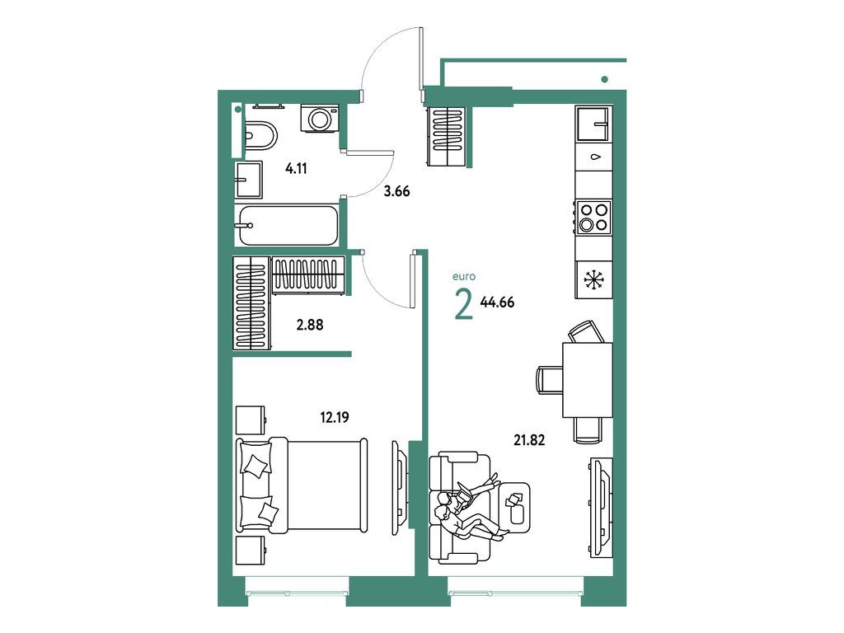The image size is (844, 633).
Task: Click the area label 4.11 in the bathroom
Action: pos(296,170)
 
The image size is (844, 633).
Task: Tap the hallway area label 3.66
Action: pos(396,192)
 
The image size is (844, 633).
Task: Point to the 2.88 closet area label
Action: pos(309,325)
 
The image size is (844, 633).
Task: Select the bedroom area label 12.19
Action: pos(334,417)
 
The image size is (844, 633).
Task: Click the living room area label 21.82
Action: pos(529,440)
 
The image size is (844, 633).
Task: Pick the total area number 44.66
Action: pos(497,302)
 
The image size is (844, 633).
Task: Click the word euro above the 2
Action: pos(463,278)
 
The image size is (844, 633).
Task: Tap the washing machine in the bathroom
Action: pos(319,118)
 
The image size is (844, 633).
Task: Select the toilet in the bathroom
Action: pos(260,136)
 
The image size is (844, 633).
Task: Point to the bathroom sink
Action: pos(249,181)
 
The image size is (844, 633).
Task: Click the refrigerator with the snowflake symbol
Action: pos(593,279)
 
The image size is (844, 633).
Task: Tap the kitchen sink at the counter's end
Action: pos(593,125)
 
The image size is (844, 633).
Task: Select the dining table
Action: pos(587,380)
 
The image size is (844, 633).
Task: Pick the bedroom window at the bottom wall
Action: pos(296,588)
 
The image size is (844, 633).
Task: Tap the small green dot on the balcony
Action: pos(605,79)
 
